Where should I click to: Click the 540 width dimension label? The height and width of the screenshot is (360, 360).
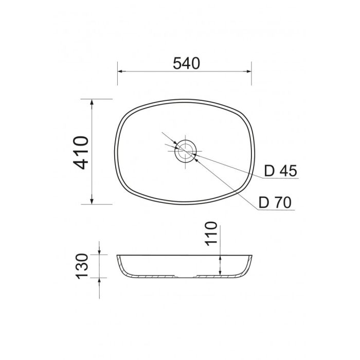(x=186, y=63)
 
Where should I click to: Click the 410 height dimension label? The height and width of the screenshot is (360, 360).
(x=81, y=153)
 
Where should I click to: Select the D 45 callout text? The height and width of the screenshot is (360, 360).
(x=281, y=171)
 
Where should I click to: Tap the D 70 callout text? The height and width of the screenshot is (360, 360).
(x=275, y=203)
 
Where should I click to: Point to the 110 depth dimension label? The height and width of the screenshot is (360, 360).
(x=211, y=233)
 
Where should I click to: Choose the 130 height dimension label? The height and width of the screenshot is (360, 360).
(x=82, y=266)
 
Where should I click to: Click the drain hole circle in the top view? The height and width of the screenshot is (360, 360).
(x=186, y=151)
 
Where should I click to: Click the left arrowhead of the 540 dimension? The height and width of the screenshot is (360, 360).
(x=120, y=71)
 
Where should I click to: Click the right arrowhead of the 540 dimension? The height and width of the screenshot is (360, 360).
(x=248, y=71)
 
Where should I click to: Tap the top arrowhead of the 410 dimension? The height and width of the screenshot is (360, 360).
(x=92, y=102)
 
